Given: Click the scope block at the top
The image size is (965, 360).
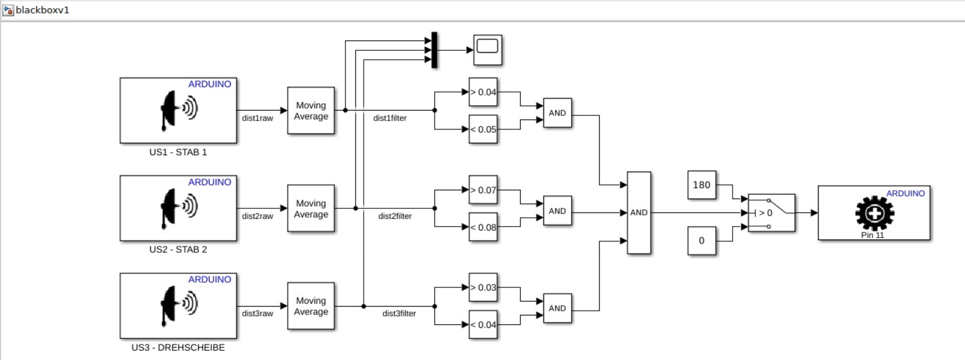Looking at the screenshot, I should [488, 50].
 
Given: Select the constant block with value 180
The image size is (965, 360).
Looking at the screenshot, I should [701, 185].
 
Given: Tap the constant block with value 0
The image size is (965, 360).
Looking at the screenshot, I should [701, 241].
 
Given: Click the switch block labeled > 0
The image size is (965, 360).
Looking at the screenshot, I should [771, 213].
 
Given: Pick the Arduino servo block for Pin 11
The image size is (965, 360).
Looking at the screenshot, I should [874, 213].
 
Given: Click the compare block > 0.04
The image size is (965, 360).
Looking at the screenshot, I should [483, 92].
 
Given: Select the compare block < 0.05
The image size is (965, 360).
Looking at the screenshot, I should [483, 129].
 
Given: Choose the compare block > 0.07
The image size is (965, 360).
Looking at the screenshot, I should [483, 190].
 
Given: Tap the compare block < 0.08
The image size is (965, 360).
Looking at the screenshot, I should [483, 227].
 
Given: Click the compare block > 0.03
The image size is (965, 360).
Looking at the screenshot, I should [483, 287].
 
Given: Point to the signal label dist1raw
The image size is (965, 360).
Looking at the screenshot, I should [258, 118].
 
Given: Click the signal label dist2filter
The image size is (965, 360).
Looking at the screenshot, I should [395, 216].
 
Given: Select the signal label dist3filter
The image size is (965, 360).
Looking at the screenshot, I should [399, 314].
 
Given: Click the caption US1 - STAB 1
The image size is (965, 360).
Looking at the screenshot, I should [178, 152].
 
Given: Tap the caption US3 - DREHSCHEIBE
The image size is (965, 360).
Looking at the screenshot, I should [178, 348].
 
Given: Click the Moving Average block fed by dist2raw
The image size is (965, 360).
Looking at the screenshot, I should [311, 208].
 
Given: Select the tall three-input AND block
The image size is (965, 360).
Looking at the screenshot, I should [639, 212].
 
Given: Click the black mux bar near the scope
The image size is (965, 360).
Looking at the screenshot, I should [434, 50].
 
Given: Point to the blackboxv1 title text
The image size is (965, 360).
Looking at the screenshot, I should [42, 10].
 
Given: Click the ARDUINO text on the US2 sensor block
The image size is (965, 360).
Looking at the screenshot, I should [210, 182].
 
